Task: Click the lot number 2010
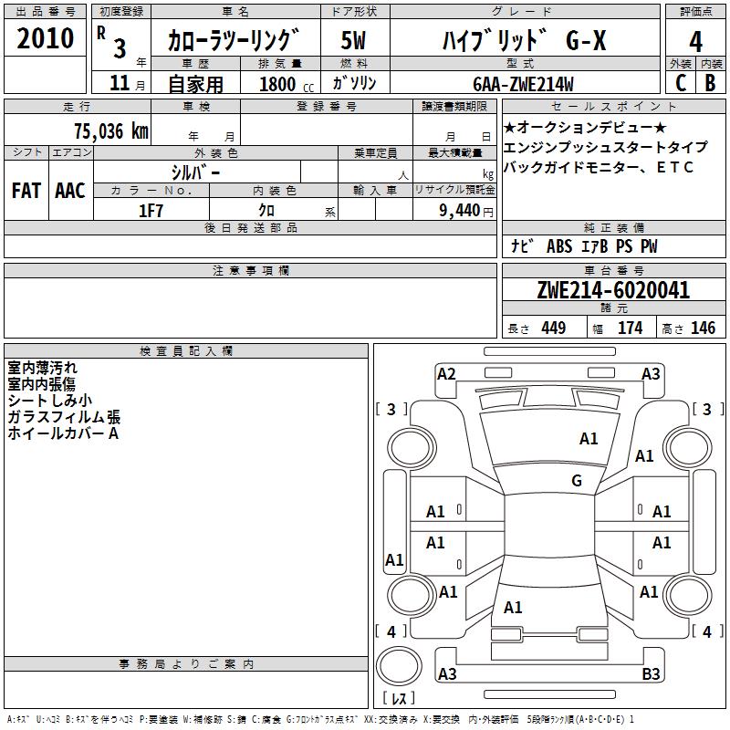click(45, 39)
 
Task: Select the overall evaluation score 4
click(695, 41)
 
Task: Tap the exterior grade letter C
click(680, 82)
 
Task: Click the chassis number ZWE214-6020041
click(613, 290)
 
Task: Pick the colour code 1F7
click(151, 210)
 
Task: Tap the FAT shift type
click(26, 191)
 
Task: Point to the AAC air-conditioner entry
click(70, 191)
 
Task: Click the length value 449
click(552, 328)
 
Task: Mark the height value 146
click(703, 328)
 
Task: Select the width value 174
click(630, 328)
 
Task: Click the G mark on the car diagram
click(577, 481)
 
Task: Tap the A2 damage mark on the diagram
click(446, 373)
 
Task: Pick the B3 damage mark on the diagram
click(652, 674)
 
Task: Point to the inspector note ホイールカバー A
click(64, 433)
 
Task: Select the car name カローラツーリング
click(234, 41)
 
